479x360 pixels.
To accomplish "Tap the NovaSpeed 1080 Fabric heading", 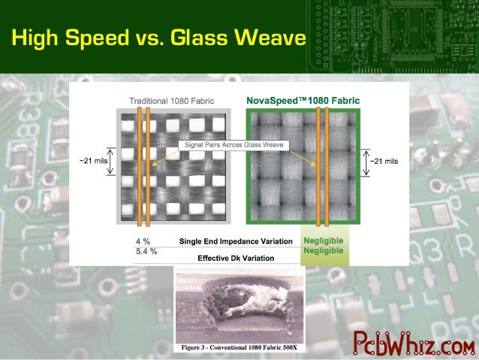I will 303,100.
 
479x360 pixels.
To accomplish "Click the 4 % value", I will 142,241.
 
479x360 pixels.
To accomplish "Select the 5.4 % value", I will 146,251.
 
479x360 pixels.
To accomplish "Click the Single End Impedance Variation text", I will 235,242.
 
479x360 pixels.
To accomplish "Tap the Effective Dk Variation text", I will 236,258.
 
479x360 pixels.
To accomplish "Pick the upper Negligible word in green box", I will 323,241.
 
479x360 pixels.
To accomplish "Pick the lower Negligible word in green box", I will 323,251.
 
